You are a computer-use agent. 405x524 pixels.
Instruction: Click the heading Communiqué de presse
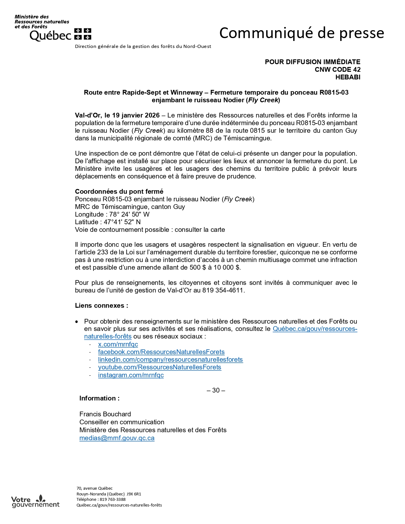(x=301, y=33)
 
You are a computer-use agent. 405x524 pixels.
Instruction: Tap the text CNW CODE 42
(x=337, y=70)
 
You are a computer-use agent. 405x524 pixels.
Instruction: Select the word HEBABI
(x=348, y=77)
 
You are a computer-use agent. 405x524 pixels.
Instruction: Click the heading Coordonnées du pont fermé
(x=119, y=191)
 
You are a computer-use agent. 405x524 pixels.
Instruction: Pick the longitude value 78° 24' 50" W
(x=129, y=214)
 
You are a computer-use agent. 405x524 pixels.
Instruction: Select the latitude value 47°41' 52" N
(x=122, y=222)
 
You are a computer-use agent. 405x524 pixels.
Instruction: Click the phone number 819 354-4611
(x=223, y=290)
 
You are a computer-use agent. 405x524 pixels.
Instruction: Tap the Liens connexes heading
(x=101, y=306)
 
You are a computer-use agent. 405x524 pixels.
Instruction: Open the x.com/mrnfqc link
(x=118, y=344)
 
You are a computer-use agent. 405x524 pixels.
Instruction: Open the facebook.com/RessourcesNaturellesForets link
(x=161, y=352)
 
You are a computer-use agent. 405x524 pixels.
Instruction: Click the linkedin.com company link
(x=170, y=359)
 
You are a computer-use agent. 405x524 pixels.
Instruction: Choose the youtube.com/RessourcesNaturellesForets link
(x=159, y=367)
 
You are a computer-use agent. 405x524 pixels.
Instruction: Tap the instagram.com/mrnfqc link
(x=131, y=375)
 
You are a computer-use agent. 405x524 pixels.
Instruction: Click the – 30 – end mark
(x=216, y=390)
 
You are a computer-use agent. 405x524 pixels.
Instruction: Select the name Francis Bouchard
(x=105, y=414)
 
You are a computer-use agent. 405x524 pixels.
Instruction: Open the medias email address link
(x=117, y=438)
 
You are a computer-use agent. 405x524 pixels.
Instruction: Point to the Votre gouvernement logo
(x=35, y=501)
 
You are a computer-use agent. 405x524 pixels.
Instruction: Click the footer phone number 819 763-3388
(x=112, y=500)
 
